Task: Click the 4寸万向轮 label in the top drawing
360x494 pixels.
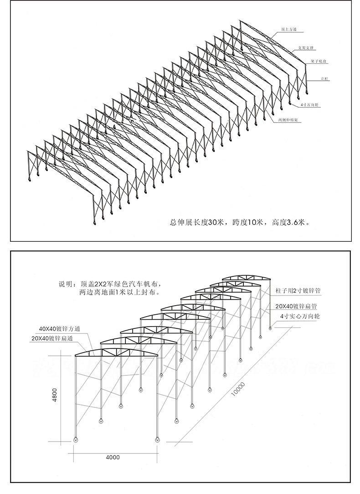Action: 310,104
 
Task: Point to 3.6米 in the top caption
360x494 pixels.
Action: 297,223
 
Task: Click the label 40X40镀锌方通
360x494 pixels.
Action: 60,328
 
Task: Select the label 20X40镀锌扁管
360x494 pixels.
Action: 296,306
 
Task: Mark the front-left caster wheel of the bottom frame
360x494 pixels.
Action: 76,440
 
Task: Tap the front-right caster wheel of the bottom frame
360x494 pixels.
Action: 158,440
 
